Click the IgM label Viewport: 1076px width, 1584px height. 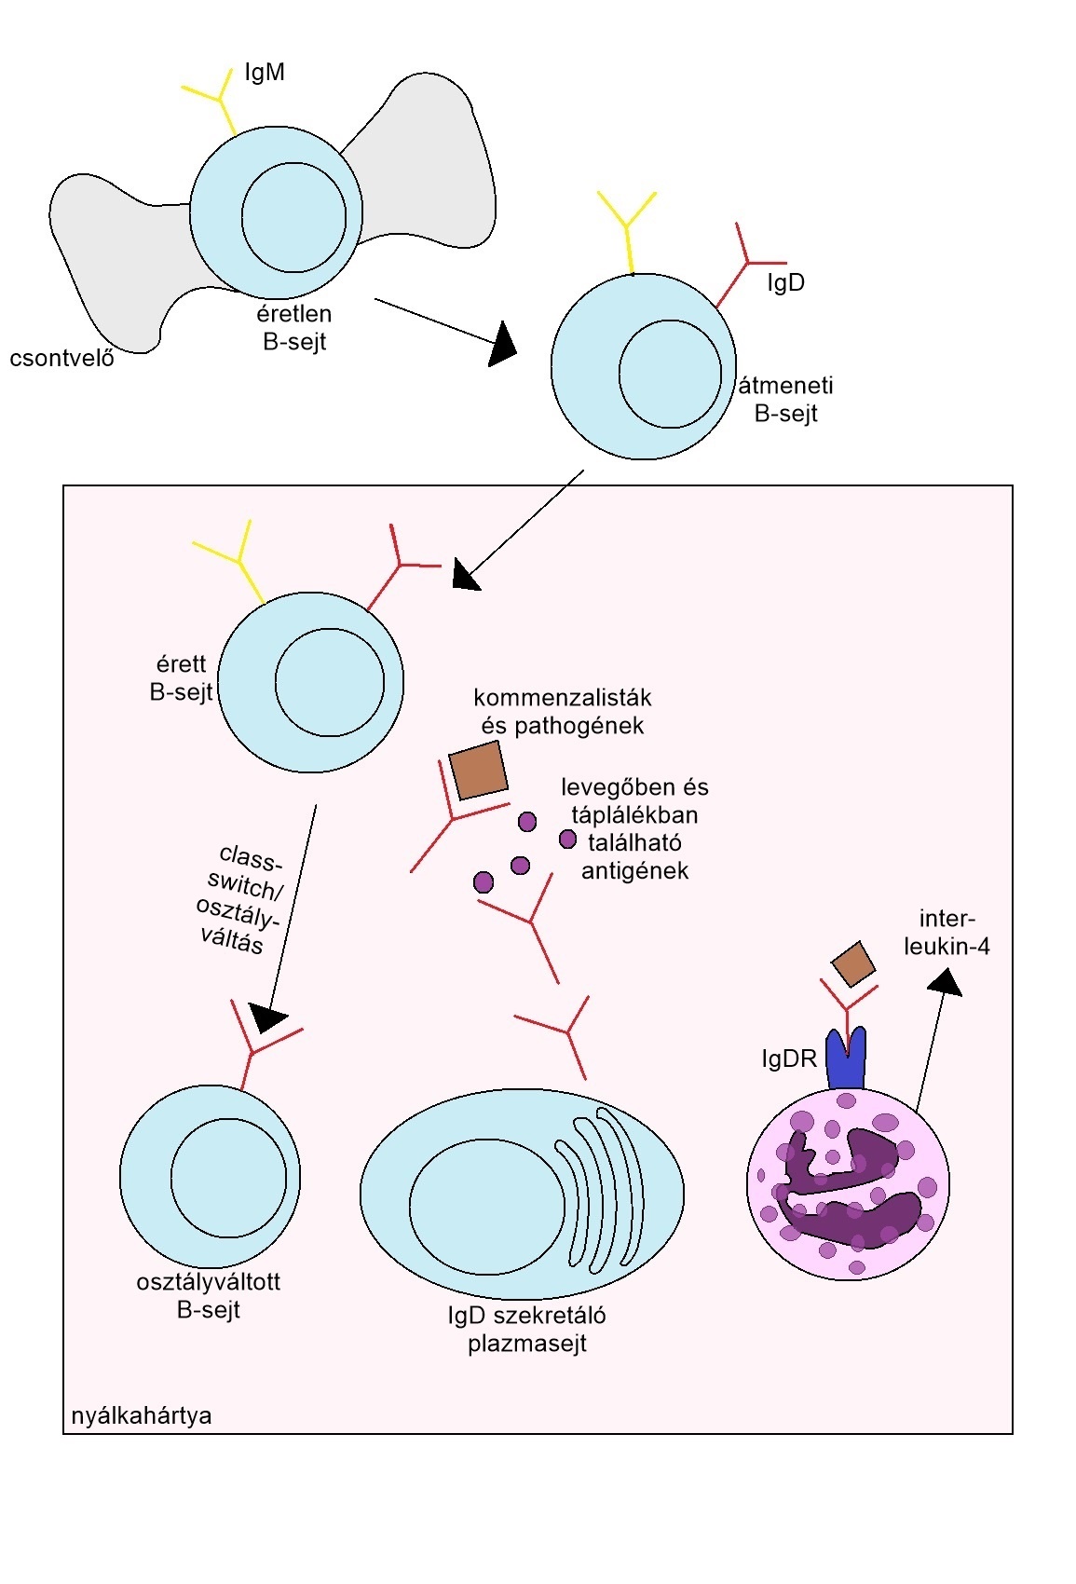click(265, 73)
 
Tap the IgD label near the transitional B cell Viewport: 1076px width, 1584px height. click(785, 283)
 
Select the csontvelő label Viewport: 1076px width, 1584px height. click(61, 358)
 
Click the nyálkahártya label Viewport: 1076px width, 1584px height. click(142, 1415)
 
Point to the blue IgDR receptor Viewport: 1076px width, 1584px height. click(846, 1058)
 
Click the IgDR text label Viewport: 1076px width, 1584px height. click(789, 1058)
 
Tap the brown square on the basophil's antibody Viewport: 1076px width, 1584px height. click(853, 963)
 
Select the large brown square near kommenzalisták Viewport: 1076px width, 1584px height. click(479, 770)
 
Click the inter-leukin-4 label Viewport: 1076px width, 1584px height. click(947, 932)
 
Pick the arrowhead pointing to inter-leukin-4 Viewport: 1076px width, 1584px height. click(946, 982)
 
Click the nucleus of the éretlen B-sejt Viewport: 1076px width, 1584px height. click(293, 217)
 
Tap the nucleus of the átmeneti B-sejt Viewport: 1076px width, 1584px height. click(670, 374)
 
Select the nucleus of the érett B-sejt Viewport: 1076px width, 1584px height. click(330, 682)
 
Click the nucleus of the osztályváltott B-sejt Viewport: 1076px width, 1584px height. click(228, 1178)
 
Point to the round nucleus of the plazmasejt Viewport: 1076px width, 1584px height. click(487, 1207)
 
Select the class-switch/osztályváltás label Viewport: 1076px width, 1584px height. click(240, 899)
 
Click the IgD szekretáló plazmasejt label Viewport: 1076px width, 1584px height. click(526, 1329)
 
